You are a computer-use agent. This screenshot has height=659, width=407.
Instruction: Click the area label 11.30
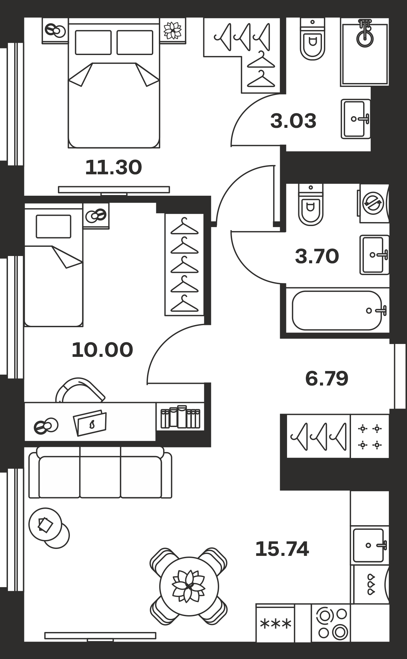click(x=113, y=167)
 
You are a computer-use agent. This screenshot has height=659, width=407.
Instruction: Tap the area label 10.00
click(x=102, y=350)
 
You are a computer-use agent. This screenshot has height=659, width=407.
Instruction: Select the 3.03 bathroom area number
click(x=293, y=121)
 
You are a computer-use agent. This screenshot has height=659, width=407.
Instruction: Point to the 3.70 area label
click(x=317, y=256)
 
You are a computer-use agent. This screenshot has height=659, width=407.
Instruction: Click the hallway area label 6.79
click(x=327, y=379)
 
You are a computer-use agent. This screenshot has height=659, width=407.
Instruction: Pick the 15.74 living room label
click(x=282, y=549)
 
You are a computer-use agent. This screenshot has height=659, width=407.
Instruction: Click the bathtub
click(x=337, y=310)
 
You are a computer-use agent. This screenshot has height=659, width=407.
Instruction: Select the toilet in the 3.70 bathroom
click(x=311, y=205)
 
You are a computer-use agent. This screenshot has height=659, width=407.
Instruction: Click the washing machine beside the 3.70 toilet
click(x=374, y=203)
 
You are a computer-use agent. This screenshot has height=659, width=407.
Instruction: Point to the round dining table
click(x=189, y=586)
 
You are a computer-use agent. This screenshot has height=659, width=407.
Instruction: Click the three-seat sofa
click(x=100, y=473)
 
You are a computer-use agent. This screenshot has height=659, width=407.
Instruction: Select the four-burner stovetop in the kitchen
click(x=370, y=437)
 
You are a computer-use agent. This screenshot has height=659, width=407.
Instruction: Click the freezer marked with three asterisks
click(x=275, y=623)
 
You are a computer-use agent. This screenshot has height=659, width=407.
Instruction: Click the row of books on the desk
click(x=180, y=417)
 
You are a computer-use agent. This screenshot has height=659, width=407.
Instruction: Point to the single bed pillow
click(x=53, y=226)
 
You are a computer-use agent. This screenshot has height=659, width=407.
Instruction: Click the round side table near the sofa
click(x=45, y=524)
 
